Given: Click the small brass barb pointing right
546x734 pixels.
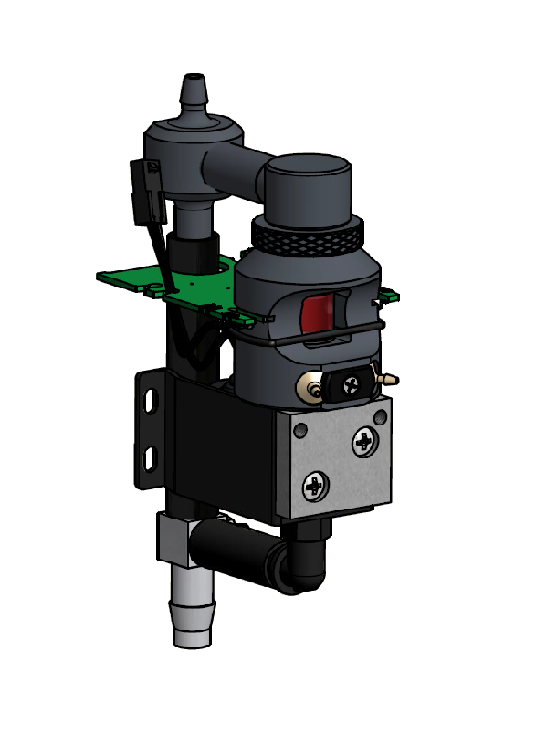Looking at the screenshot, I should (389, 375).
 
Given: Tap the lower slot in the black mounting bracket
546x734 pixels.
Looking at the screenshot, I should (152, 456).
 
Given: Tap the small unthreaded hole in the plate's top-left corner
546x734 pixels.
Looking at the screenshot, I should (299, 425).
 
